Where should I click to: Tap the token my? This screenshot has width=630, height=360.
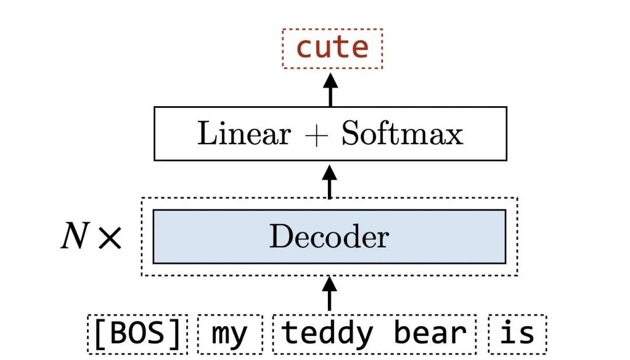point(229,334)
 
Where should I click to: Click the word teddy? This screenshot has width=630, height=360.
point(327,334)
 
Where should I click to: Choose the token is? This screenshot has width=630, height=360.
point(517,334)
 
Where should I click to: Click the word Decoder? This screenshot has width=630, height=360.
point(329,237)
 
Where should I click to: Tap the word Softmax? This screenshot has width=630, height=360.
point(402,135)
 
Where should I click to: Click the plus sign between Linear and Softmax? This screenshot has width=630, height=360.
point(316,135)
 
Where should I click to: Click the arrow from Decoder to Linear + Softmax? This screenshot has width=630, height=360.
point(330,181)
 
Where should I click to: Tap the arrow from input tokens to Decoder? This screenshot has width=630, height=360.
point(330,293)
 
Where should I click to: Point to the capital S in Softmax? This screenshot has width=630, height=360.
point(350,135)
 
